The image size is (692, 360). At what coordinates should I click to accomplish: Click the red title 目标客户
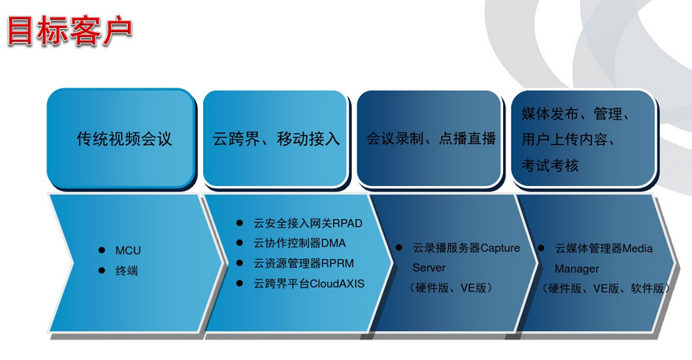(x=69, y=30)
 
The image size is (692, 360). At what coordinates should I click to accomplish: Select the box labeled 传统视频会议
(x=124, y=139)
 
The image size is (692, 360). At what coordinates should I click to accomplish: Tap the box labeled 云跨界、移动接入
(x=276, y=139)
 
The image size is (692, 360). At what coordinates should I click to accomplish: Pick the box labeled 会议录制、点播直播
(x=431, y=139)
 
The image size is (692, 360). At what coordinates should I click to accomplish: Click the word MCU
(x=127, y=250)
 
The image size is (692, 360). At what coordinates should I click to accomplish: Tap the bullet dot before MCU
(x=102, y=250)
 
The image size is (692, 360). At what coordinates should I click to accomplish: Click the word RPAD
(x=347, y=224)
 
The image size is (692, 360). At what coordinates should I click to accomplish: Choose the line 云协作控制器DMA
(x=299, y=243)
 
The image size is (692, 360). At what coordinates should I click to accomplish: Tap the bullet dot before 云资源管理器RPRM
(x=241, y=263)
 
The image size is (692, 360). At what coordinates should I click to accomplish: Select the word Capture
(x=501, y=248)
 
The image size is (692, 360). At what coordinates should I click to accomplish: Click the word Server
(x=429, y=268)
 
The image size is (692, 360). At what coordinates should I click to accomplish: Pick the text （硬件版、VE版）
(x=451, y=288)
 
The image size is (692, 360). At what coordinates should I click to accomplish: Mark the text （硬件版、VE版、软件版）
(x=606, y=288)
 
